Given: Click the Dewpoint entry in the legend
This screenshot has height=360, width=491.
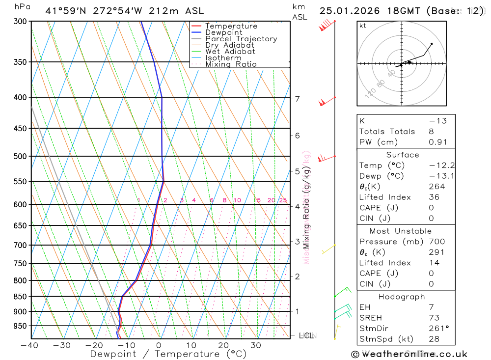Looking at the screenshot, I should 223,32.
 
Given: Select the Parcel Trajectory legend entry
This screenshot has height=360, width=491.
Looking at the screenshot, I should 241,39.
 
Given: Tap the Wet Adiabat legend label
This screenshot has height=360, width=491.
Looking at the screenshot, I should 230,52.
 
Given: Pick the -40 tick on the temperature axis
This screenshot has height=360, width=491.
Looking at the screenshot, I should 30,345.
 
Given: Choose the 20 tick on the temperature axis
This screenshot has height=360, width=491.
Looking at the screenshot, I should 223,345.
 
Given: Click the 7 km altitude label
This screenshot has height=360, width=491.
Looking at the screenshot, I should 298,99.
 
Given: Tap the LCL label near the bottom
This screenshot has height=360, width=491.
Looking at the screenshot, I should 306,336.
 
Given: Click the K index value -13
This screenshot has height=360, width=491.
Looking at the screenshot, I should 437,121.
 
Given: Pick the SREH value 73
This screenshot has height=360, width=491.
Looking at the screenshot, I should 434,318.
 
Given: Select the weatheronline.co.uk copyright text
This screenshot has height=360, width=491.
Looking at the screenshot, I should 409,354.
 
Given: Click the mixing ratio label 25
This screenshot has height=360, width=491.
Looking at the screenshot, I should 283,200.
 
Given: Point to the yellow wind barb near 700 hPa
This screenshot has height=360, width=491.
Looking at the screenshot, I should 327,250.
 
